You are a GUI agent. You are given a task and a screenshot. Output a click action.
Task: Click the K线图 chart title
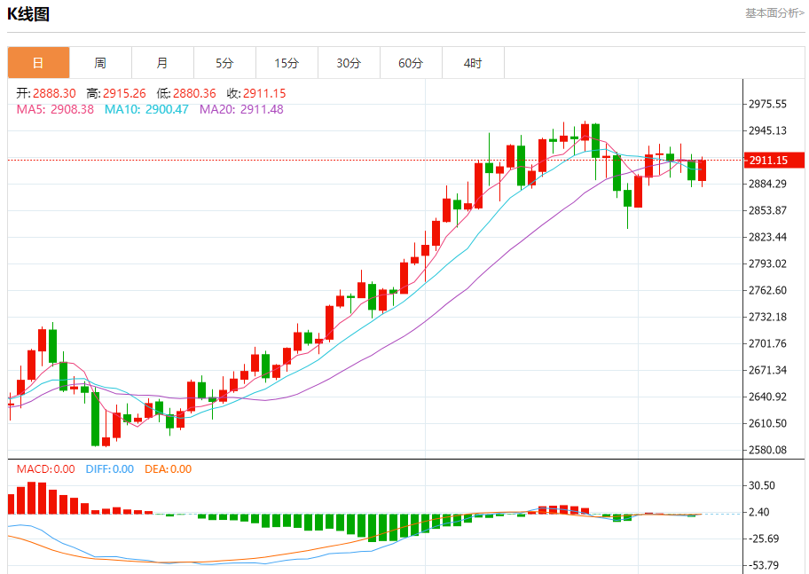click(28, 14)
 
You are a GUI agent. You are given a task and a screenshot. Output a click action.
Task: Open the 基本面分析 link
click(774, 13)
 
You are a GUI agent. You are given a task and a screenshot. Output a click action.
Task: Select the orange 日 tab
click(38, 63)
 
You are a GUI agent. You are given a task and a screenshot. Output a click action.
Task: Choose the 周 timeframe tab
click(100, 63)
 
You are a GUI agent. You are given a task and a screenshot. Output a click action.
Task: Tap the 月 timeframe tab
click(162, 63)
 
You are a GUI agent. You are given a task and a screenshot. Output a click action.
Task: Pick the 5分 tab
click(224, 63)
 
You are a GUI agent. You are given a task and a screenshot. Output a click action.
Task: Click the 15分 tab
click(287, 63)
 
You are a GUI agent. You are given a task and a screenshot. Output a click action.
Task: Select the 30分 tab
click(349, 63)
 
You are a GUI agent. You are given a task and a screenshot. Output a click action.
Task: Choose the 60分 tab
click(411, 63)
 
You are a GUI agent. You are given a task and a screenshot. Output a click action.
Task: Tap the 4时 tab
click(473, 63)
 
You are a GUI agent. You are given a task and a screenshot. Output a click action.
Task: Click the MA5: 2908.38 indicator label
click(55, 109)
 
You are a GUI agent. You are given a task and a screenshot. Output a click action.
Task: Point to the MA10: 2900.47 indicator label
click(146, 109)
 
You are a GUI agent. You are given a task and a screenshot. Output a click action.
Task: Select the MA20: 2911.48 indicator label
click(241, 109)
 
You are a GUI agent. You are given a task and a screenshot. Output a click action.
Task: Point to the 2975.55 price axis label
click(768, 104)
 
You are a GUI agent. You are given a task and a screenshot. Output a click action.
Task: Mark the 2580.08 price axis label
click(768, 450)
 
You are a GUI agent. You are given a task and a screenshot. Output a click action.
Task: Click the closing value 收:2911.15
click(256, 93)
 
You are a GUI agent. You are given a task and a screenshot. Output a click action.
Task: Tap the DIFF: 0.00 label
click(110, 469)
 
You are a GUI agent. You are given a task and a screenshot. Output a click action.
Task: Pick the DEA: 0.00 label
click(168, 469)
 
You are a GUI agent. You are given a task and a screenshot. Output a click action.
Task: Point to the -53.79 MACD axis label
click(763, 565)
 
